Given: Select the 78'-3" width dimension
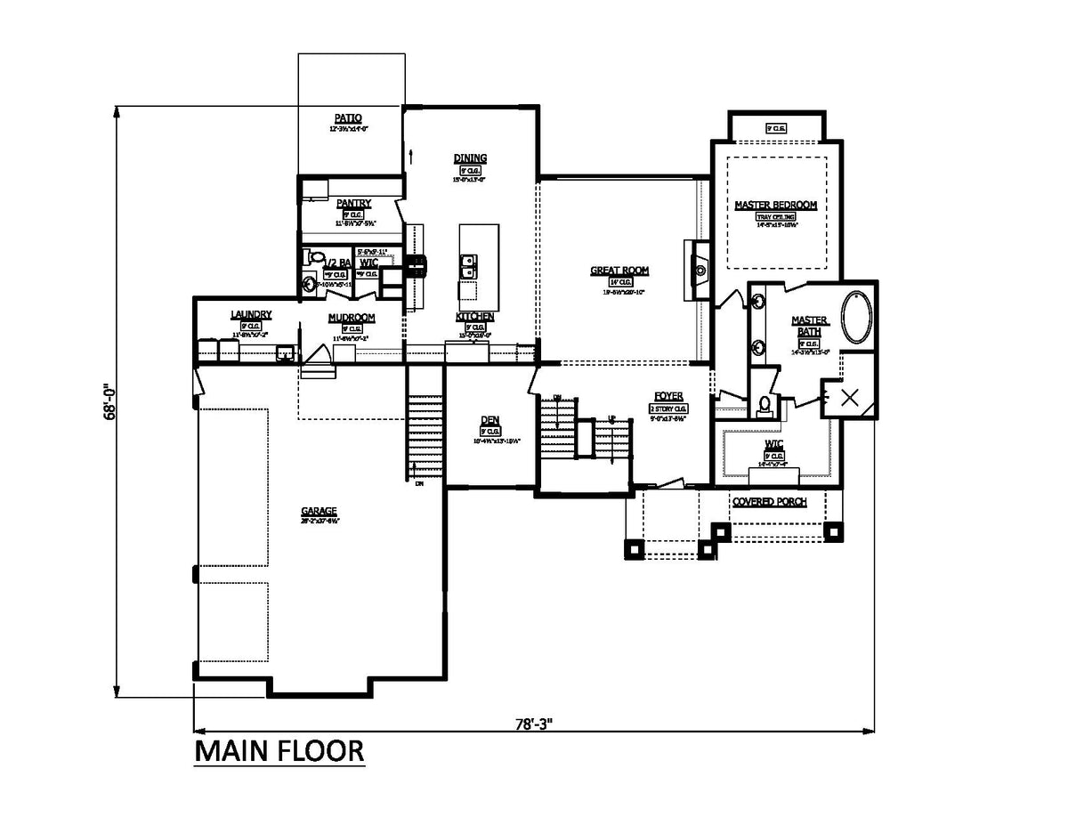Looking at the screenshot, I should (x=534, y=724).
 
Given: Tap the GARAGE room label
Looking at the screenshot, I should (x=319, y=511).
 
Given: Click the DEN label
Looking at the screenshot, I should (x=489, y=420).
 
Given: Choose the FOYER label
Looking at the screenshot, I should (x=668, y=396).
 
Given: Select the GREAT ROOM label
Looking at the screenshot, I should (x=619, y=271).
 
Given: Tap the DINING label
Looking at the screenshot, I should (x=470, y=158).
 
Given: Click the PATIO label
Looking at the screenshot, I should (x=348, y=117).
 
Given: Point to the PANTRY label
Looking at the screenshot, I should (x=353, y=204).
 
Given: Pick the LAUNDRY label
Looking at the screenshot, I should (x=250, y=315).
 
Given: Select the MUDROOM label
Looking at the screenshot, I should (x=351, y=318).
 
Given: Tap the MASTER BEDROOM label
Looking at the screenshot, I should (x=775, y=205).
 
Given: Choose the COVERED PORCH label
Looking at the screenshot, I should (x=769, y=502).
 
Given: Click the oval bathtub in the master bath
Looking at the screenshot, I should (x=858, y=317).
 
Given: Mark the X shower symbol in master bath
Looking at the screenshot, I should (x=849, y=398).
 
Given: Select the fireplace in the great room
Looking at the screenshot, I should (x=699, y=270).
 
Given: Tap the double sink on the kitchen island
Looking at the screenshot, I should (x=467, y=266).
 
